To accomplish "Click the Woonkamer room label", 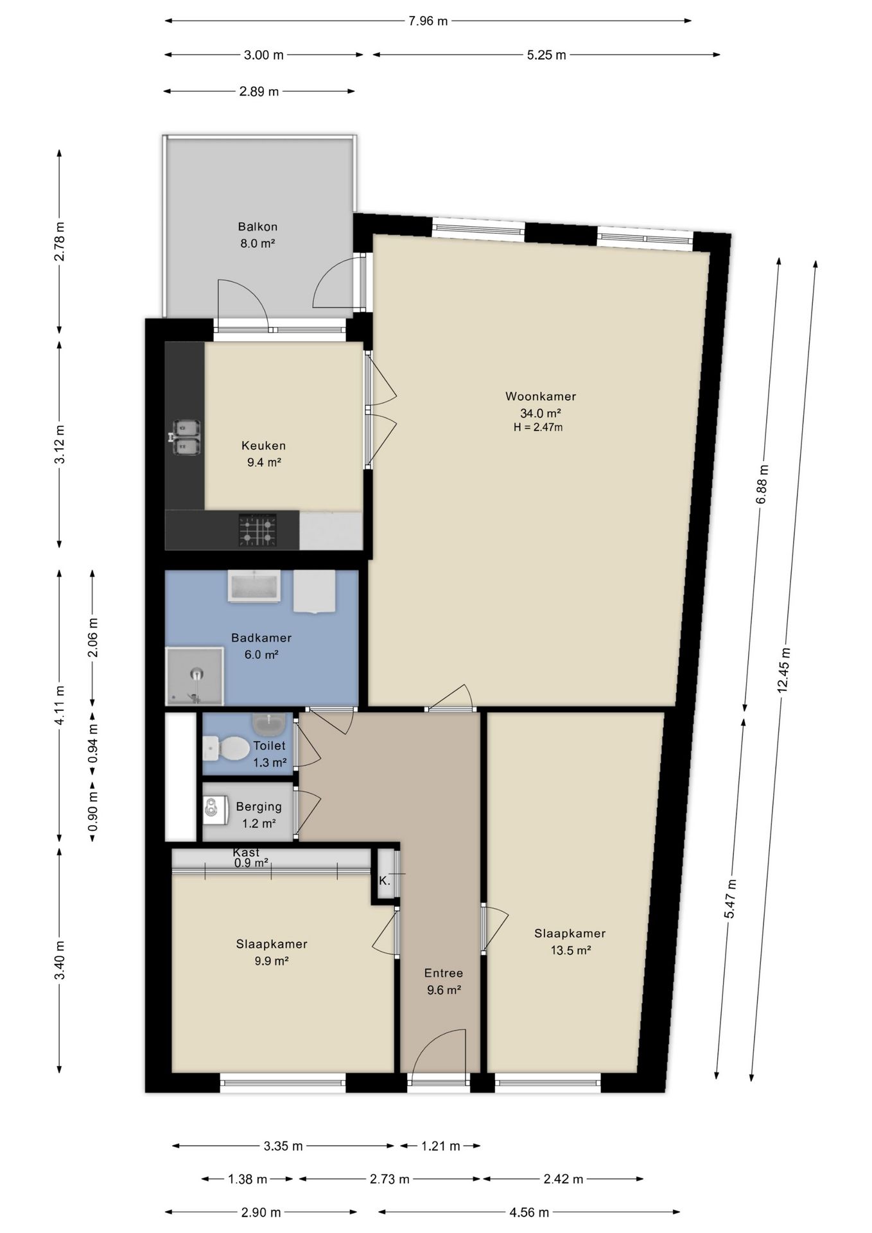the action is (540, 396).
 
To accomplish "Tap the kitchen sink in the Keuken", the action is (186, 437).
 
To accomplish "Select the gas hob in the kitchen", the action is (257, 530).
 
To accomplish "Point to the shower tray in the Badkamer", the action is (195, 676).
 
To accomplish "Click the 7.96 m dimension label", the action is (428, 21).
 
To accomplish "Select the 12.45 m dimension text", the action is (783, 670).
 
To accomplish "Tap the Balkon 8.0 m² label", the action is (257, 235).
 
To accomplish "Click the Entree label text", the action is (443, 973).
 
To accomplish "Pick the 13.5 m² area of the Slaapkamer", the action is (570, 950).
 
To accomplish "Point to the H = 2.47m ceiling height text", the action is (538, 427).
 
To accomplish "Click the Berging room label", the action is (259, 807).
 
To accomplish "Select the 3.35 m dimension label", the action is (283, 1146).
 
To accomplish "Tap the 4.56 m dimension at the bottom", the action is (529, 1212).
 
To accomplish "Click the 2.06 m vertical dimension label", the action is (93, 638).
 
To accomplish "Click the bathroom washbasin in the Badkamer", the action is (254, 586).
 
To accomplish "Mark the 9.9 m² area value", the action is (272, 961).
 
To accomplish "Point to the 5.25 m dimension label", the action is (546, 55).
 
